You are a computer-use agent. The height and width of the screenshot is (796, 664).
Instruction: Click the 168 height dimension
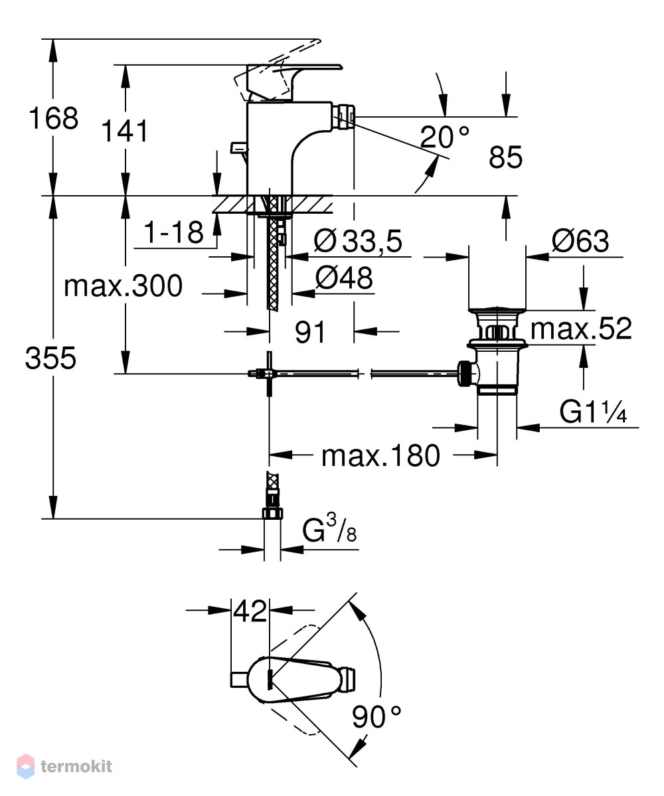(53, 118)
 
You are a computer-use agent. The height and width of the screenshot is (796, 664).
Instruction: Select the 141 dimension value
(125, 131)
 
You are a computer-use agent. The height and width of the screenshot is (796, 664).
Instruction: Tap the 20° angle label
(445, 137)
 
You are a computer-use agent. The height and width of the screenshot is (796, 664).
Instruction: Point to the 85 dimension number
(505, 157)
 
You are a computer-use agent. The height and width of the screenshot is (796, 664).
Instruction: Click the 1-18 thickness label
(173, 232)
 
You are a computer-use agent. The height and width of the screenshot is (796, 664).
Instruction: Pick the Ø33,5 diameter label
(358, 240)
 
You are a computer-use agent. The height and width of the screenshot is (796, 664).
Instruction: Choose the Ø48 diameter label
(344, 278)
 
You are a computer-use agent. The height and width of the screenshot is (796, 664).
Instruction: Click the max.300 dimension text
(123, 286)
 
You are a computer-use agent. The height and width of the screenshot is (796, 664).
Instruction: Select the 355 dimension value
(50, 358)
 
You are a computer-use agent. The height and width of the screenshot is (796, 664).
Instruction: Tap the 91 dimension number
(310, 333)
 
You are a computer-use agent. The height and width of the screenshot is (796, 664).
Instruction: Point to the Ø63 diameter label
(580, 240)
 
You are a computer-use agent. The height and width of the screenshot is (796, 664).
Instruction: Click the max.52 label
(581, 329)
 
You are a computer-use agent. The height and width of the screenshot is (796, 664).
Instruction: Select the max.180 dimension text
(380, 456)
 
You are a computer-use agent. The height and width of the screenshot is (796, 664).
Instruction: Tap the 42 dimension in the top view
(250, 611)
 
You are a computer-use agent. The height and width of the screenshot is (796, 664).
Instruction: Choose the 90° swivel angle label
(376, 717)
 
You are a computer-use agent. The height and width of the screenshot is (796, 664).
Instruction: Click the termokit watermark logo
(65, 766)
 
